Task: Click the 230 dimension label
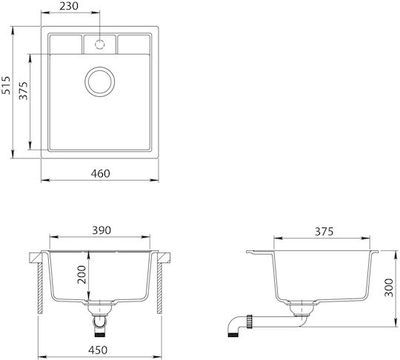(x=69, y=6)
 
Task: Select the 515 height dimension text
(x=6, y=85)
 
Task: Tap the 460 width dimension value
(x=101, y=173)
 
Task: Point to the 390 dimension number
(x=101, y=230)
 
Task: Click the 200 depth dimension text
(x=81, y=275)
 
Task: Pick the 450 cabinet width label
(x=99, y=350)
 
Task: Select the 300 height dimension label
(x=389, y=287)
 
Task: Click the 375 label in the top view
(x=23, y=90)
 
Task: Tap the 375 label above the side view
(x=324, y=231)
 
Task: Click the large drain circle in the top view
(x=100, y=67)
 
